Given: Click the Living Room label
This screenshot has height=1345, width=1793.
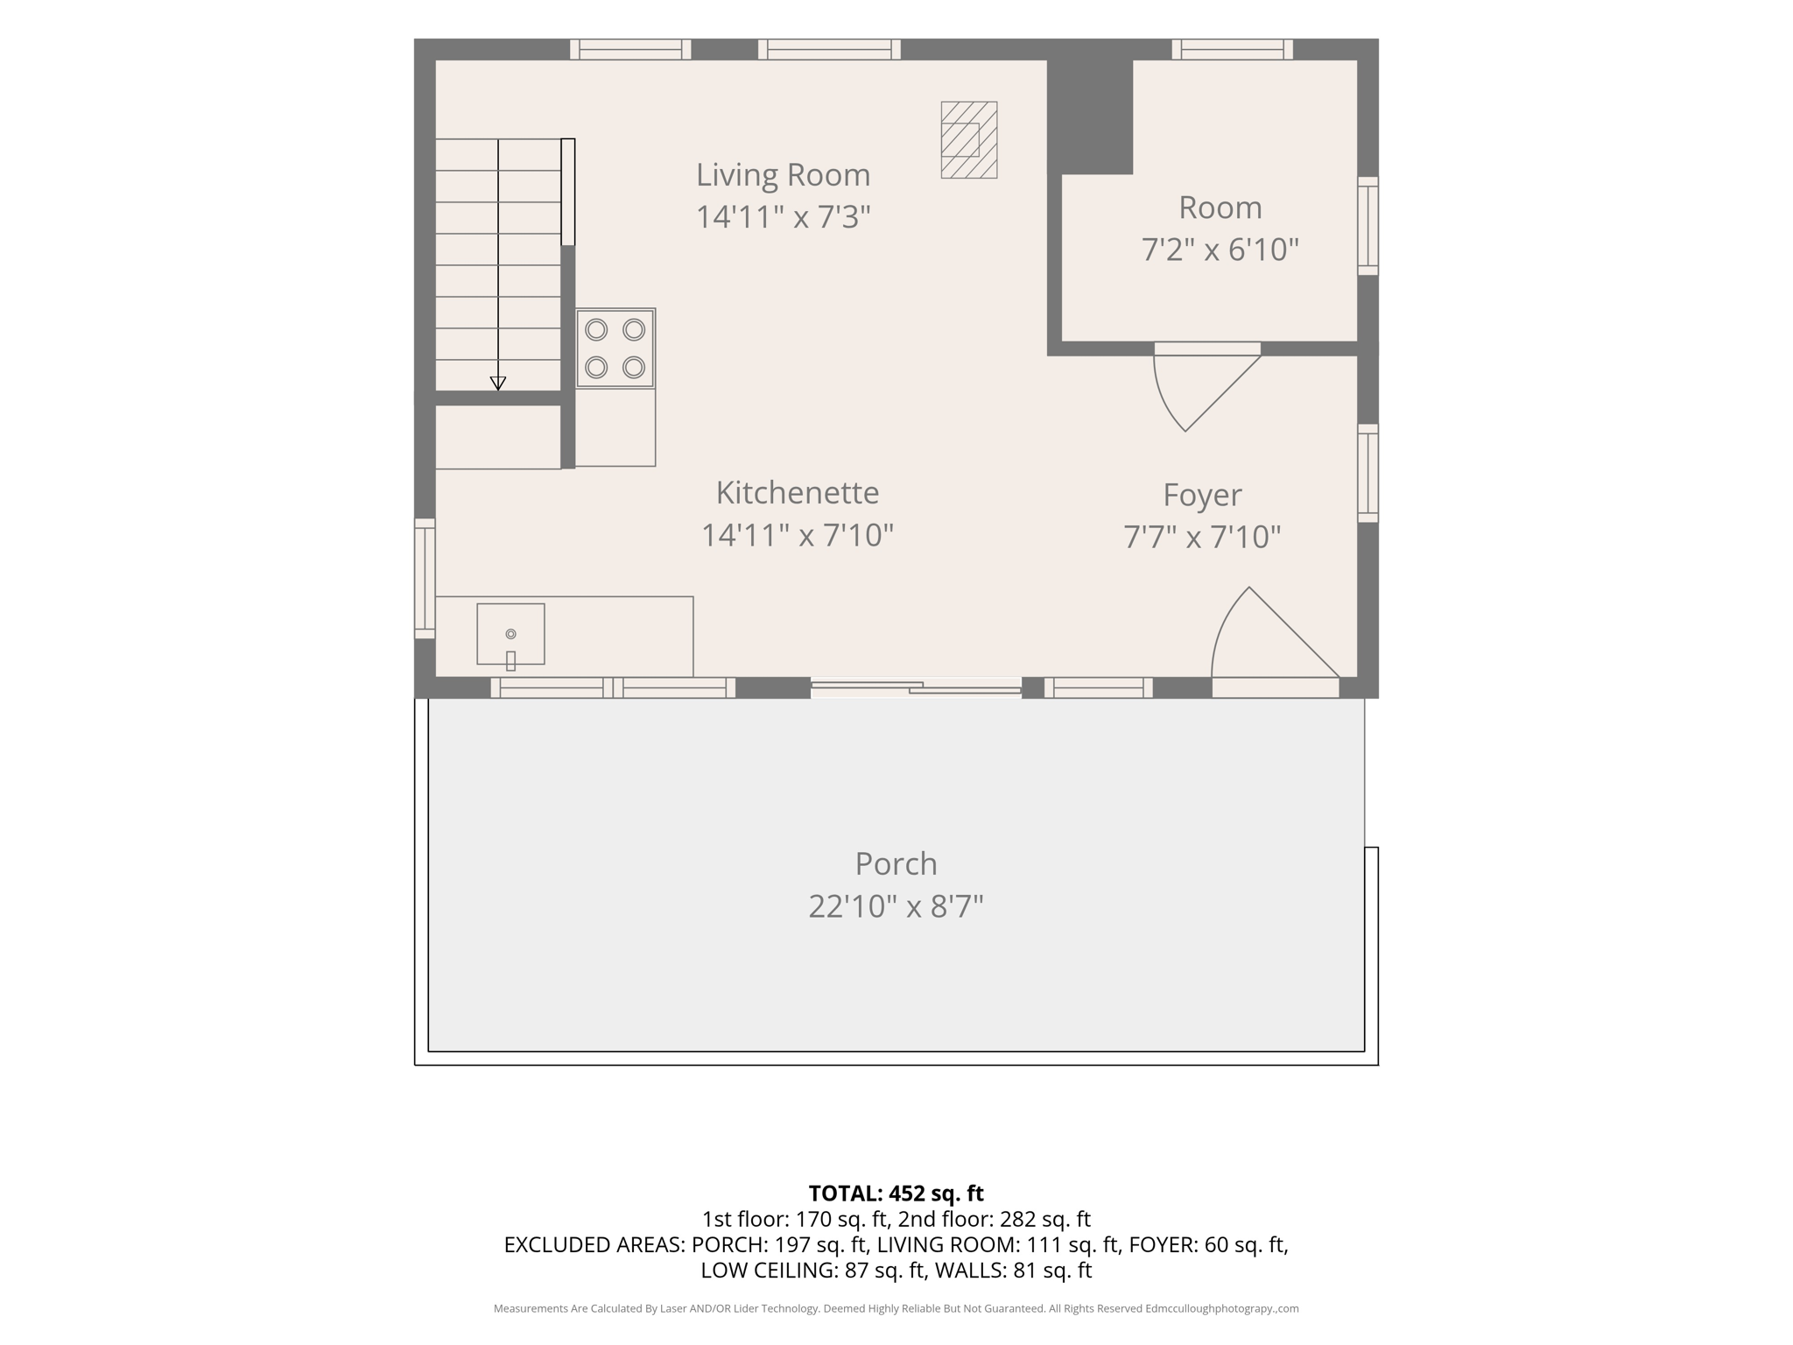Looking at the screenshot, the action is point(783,175).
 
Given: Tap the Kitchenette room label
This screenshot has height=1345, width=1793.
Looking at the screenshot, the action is point(798,493).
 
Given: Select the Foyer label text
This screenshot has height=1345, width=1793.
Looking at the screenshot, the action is point(1202,496).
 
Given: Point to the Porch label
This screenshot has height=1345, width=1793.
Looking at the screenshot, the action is point(896,864).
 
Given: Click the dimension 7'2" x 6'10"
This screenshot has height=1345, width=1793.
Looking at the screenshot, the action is point(1220,250).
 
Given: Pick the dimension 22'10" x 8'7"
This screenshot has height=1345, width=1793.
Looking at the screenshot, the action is point(896,906).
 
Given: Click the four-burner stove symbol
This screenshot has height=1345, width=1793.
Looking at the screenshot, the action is point(615,349).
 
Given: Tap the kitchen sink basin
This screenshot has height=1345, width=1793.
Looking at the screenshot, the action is point(510,634).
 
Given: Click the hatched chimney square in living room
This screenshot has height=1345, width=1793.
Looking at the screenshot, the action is point(969,140).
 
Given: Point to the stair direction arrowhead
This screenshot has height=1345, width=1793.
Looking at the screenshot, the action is point(498,383).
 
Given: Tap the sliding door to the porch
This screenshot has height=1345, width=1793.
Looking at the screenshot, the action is point(916,687).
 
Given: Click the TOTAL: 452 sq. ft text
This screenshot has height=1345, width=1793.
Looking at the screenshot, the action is point(896,1194).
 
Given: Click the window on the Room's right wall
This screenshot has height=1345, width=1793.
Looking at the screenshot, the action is point(1368,226).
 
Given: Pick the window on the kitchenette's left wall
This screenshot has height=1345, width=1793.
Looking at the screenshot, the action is point(425,578).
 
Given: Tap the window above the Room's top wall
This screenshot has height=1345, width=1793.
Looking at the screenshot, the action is point(1233,49).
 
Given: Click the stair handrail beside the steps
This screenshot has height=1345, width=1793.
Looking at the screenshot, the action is point(568,192).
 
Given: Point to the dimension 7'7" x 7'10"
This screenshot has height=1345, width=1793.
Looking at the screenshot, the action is point(1202,537).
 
